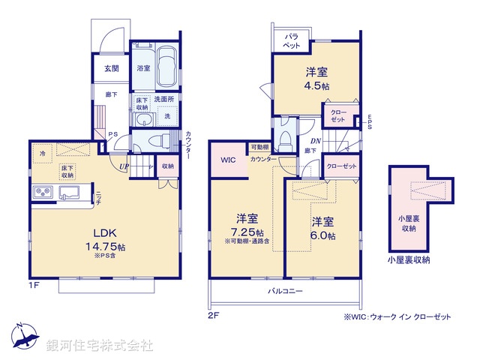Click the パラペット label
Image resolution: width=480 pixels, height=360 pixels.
291,40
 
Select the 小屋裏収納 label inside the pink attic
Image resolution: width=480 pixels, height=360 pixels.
408,223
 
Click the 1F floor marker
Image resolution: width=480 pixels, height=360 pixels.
34,286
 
